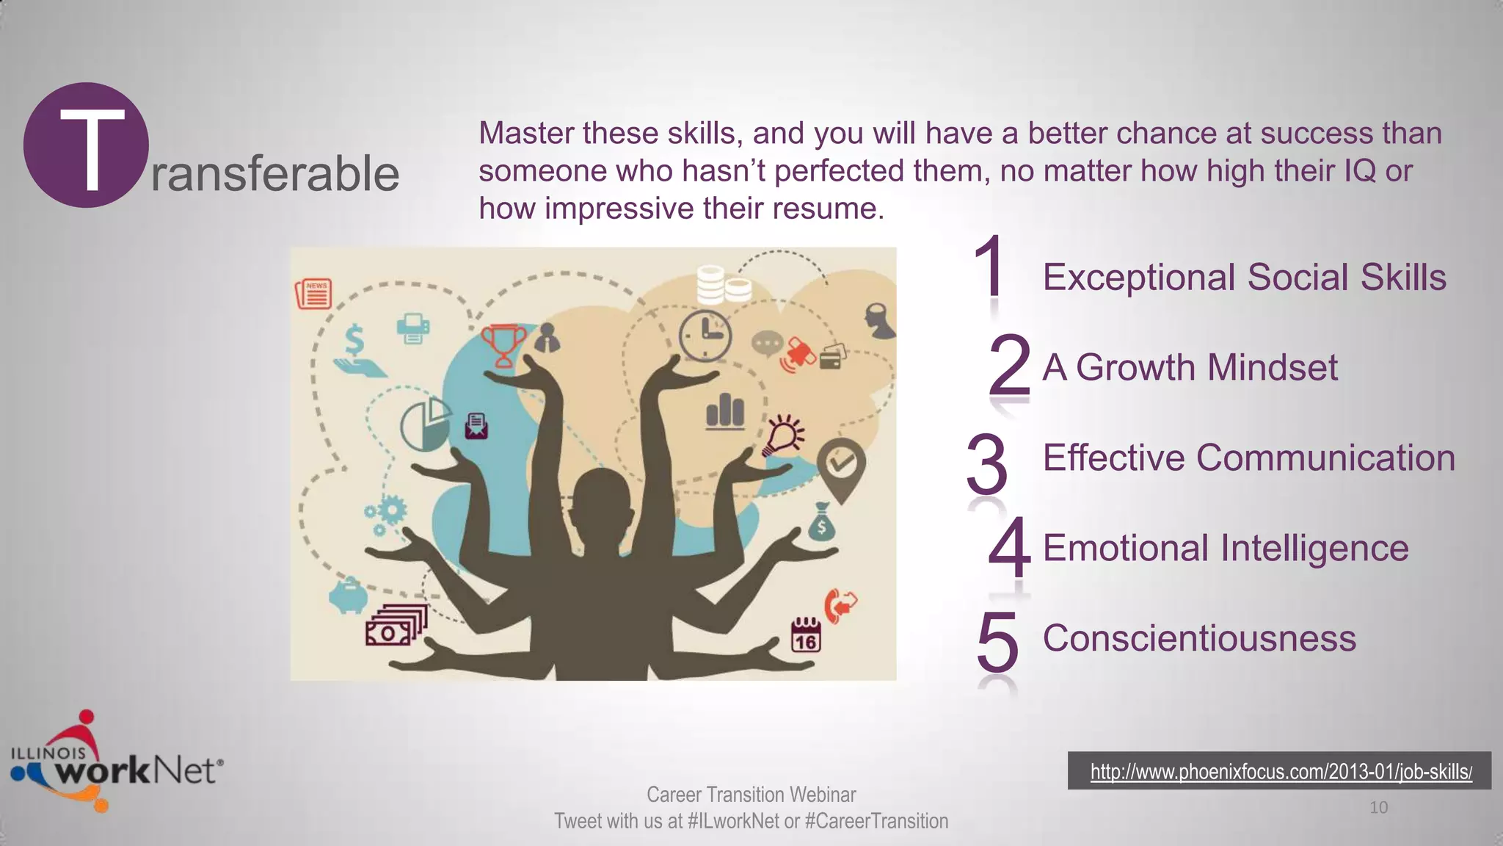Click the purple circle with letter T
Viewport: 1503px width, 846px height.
(86, 145)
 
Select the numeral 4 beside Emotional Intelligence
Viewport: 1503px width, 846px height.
(1009, 548)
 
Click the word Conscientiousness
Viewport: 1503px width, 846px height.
(1199, 638)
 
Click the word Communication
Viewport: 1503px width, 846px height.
(1325, 458)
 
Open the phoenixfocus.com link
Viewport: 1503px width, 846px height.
(1281, 772)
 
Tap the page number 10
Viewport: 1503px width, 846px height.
(1378, 808)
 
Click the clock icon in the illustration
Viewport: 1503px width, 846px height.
(705, 336)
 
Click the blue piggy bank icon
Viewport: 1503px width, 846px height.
(348, 595)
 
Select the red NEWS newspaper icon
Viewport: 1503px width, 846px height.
(314, 294)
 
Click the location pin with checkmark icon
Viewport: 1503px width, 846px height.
(841, 466)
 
